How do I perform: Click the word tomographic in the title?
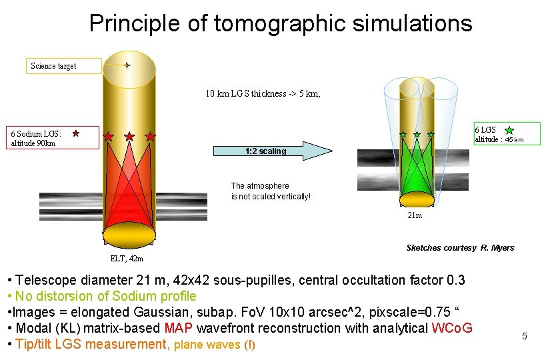coord(275,23)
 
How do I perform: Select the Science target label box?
coord(65,65)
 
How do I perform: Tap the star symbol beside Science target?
coord(127,65)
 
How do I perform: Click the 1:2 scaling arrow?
coord(273,151)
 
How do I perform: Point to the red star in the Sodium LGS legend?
coord(76,133)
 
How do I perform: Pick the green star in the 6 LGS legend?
coord(509,130)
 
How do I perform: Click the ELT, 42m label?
coord(126,259)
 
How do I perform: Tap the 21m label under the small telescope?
coord(415,215)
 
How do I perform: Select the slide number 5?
coord(524,336)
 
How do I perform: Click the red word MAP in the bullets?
coord(178,328)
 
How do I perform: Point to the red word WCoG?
coord(452,328)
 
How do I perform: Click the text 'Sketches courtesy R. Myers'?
coord(460,248)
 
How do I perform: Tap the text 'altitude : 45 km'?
coord(498,140)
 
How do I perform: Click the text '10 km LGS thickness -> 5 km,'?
coord(263,94)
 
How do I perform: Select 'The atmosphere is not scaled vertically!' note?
coord(270,191)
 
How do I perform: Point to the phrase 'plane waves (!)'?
coord(214,345)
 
